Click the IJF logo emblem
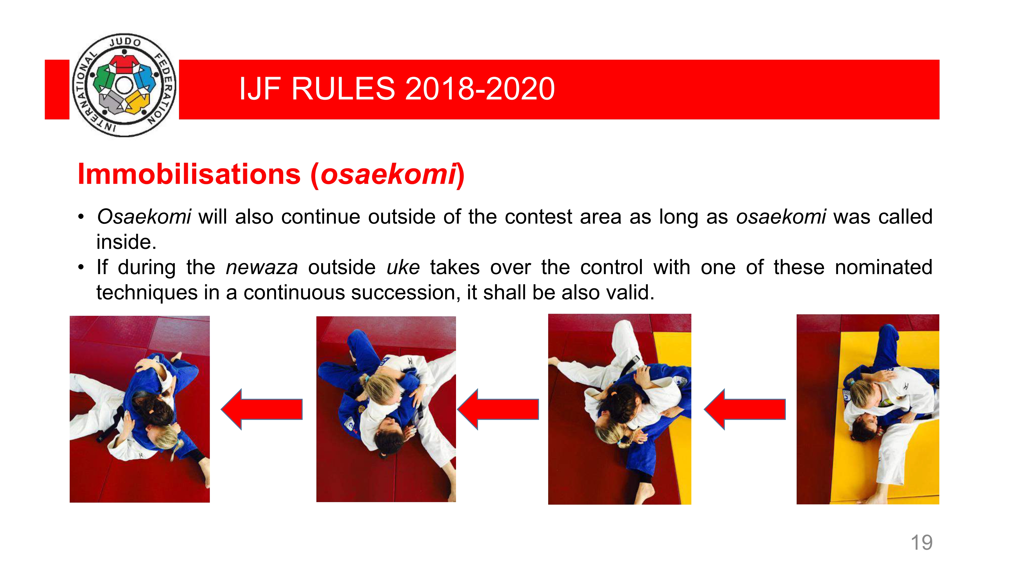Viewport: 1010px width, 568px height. (x=124, y=85)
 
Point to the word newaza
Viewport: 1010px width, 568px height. (x=262, y=268)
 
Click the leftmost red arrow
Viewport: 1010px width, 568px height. (x=262, y=409)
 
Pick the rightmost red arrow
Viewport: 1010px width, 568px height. (x=745, y=409)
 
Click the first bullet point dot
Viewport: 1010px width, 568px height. (x=81, y=217)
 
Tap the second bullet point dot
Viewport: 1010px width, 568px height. (x=81, y=268)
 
